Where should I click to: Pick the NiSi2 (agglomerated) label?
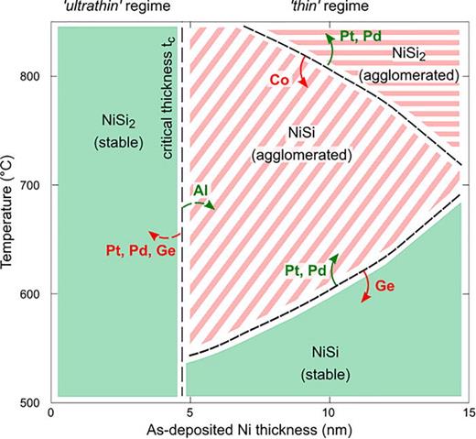(421, 64)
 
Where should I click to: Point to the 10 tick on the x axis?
(327, 412)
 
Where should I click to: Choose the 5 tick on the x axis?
(189, 412)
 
